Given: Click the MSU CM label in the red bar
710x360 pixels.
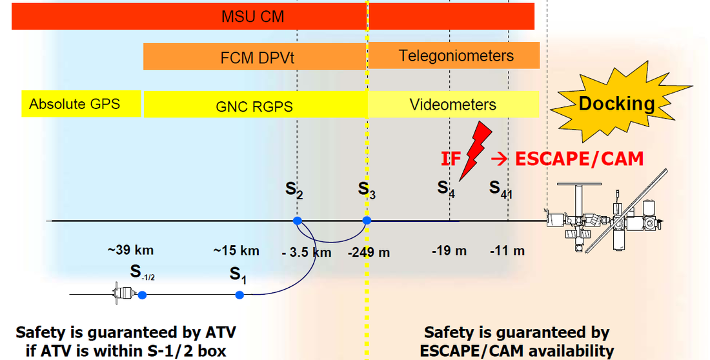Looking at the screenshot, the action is [252, 17].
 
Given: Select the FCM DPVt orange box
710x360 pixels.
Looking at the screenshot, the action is [254, 57].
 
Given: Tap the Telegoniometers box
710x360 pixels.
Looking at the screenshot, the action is [454, 55].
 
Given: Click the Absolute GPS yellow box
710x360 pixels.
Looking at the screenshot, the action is [81, 104].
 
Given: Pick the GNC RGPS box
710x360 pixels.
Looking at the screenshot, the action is [255, 105].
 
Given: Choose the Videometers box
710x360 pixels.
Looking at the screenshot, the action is [453, 104].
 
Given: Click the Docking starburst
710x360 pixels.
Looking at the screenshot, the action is [618, 103].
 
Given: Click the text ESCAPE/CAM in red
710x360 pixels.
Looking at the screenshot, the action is [579, 159].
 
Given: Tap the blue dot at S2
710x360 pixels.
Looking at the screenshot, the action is [297, 221].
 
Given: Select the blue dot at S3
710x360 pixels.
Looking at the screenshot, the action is [367, 221].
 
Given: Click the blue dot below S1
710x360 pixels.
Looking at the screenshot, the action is [239, 295].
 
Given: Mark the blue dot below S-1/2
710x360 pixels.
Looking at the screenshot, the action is [142, 295].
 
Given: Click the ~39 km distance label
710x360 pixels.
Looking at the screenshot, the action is [130, 250].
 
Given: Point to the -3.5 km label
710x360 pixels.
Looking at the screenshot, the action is [307, 252].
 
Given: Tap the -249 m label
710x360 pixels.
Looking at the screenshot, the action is [369, 252].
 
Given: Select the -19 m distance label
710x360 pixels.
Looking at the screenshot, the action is [449, 251].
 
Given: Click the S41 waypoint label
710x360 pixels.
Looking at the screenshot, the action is [500, 188].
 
